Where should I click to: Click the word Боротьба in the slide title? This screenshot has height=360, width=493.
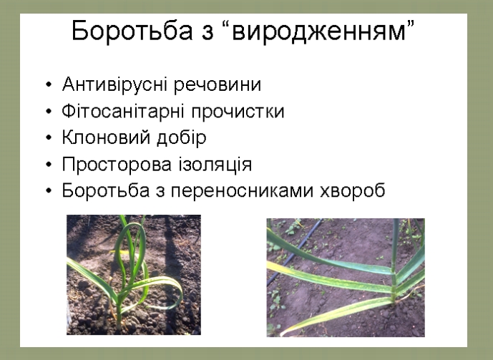[x=132, y=31]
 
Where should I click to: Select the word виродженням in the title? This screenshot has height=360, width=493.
[x=318, y=31]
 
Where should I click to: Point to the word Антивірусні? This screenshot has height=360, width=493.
[x=114, y=84]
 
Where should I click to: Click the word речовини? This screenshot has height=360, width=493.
[x=218, y=85]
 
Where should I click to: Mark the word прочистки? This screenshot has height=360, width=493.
[x=238, y=112]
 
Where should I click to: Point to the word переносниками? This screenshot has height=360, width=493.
[x=242, y=191]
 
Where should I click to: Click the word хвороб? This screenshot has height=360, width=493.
[x=353, y=190]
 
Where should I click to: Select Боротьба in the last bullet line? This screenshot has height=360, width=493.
[x=105, y=190]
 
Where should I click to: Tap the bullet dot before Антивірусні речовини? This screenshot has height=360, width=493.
[x=49, y=85]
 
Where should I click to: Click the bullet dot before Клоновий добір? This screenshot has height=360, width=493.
[x=49, y=137]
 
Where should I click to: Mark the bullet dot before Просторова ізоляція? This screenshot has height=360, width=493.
[x=49, y=165]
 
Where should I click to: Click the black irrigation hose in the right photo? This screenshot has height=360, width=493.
[x=294, y=251]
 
